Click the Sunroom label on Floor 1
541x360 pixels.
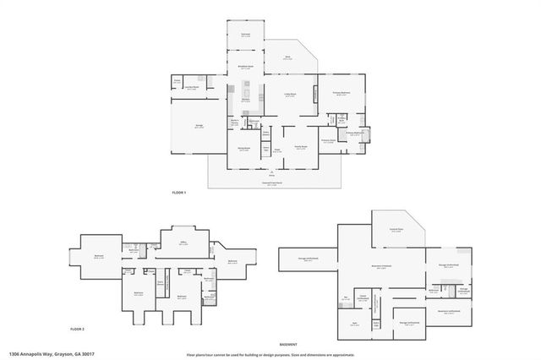point(245,35)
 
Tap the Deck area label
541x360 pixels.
point(287,57)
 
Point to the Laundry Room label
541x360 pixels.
point(192,87)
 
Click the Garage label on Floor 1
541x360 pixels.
point(199,126)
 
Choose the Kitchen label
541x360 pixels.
point(245,101)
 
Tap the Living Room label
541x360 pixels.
point(290,95)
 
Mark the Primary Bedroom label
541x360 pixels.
point(341,95)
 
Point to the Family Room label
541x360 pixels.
point(300,147)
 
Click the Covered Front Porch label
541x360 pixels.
point(271,183)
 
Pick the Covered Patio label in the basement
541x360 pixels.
point(395,229)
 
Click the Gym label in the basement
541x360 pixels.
point(354,323)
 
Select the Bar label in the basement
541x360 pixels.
point(346,297)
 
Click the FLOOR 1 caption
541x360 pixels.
point(178,194)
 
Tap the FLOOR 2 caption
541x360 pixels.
point(77,325)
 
